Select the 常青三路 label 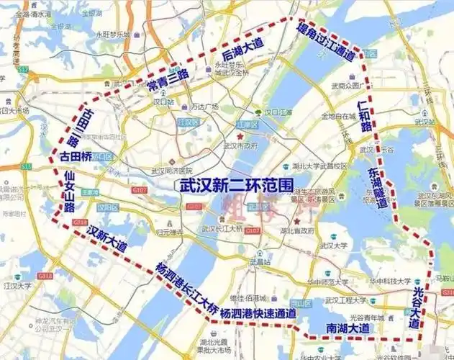click(x=168, y=82)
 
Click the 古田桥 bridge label click(x=76, y=156)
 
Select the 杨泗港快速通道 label click(x=258, y=314)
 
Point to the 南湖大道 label click(x=348, y=328)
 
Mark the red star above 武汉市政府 click(x=240, y=135)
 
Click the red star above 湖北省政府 click(x=296, y=220)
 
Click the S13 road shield click(x=27, y=166)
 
